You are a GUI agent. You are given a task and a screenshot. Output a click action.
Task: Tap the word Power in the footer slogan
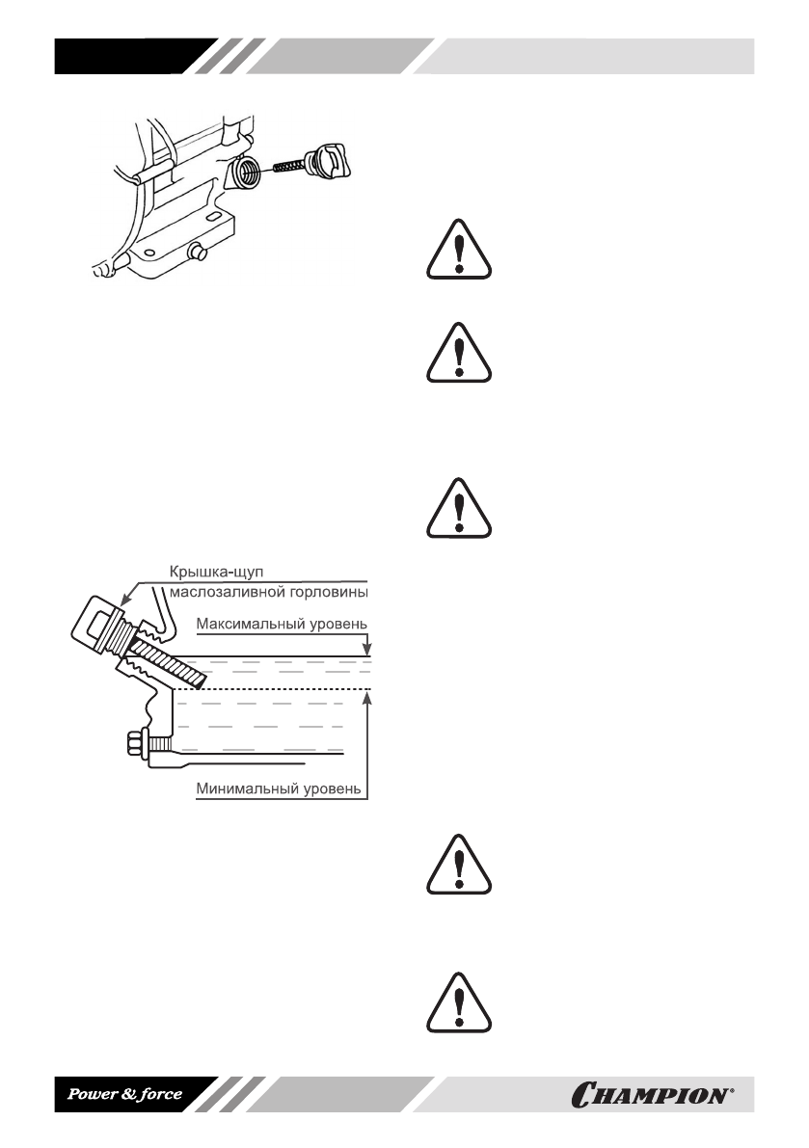[89, 1095]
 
